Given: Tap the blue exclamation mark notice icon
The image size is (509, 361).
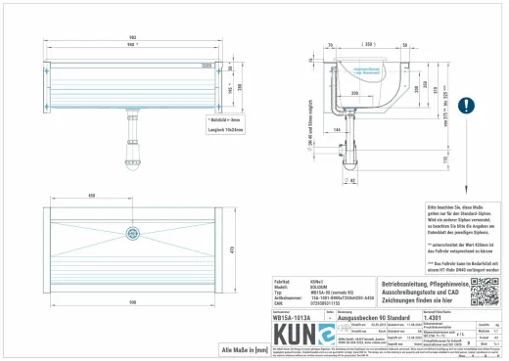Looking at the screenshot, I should [x=468, y=103].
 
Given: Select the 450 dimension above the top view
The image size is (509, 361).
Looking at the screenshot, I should [x=92, y=196].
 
